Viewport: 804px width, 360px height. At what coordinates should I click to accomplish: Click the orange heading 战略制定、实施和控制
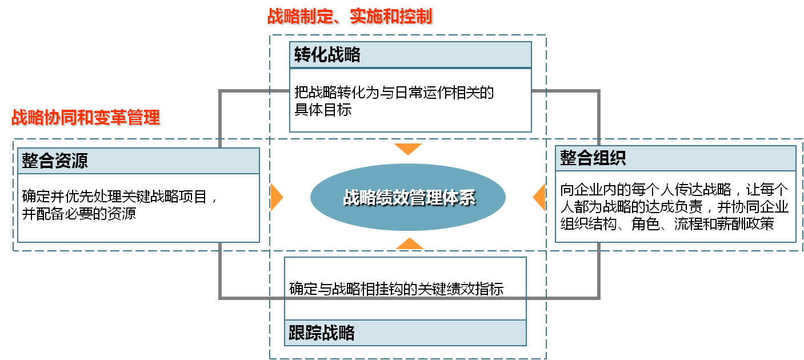tap(349, 16)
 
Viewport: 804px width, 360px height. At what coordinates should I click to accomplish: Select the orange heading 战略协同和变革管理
tap(86, 118)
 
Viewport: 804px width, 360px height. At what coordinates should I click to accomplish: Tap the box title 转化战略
tap(328, 55)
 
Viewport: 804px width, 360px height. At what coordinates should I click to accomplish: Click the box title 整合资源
tap(55, 161)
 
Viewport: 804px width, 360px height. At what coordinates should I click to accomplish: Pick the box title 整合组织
tap(593, 158)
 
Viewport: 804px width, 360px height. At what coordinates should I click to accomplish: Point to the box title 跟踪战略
tap(322, 333)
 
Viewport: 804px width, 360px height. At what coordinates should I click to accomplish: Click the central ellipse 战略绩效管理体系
tap(407, 198)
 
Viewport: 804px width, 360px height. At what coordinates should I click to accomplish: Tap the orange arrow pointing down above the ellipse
tap(408, 149)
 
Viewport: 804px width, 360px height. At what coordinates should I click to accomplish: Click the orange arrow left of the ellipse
tap(276, 197)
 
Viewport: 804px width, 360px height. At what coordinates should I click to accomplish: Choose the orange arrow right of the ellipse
tap(539, 197)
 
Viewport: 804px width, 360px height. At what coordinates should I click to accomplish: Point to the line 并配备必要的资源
tap(79, 214)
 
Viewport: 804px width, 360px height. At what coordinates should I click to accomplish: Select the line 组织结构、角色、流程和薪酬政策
tap(667, 223)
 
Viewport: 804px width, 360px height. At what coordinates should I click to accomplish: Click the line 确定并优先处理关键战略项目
tap(121, 197)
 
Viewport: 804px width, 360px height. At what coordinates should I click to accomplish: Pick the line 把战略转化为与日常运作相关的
tap(394, 92)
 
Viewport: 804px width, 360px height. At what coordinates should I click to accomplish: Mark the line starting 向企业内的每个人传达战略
tap(674, 190)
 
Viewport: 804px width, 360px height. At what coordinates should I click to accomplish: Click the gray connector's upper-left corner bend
tap(221, 91)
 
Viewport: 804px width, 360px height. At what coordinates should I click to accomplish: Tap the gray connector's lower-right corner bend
tap(598, 297)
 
